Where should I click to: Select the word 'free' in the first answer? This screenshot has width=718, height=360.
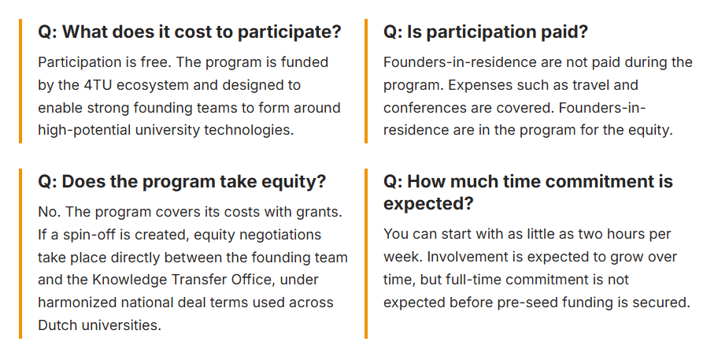click(154, 62)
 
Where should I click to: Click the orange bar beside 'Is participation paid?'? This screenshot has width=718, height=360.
click(366, 81)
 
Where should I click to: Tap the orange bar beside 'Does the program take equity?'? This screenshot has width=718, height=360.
click(20, 254)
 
